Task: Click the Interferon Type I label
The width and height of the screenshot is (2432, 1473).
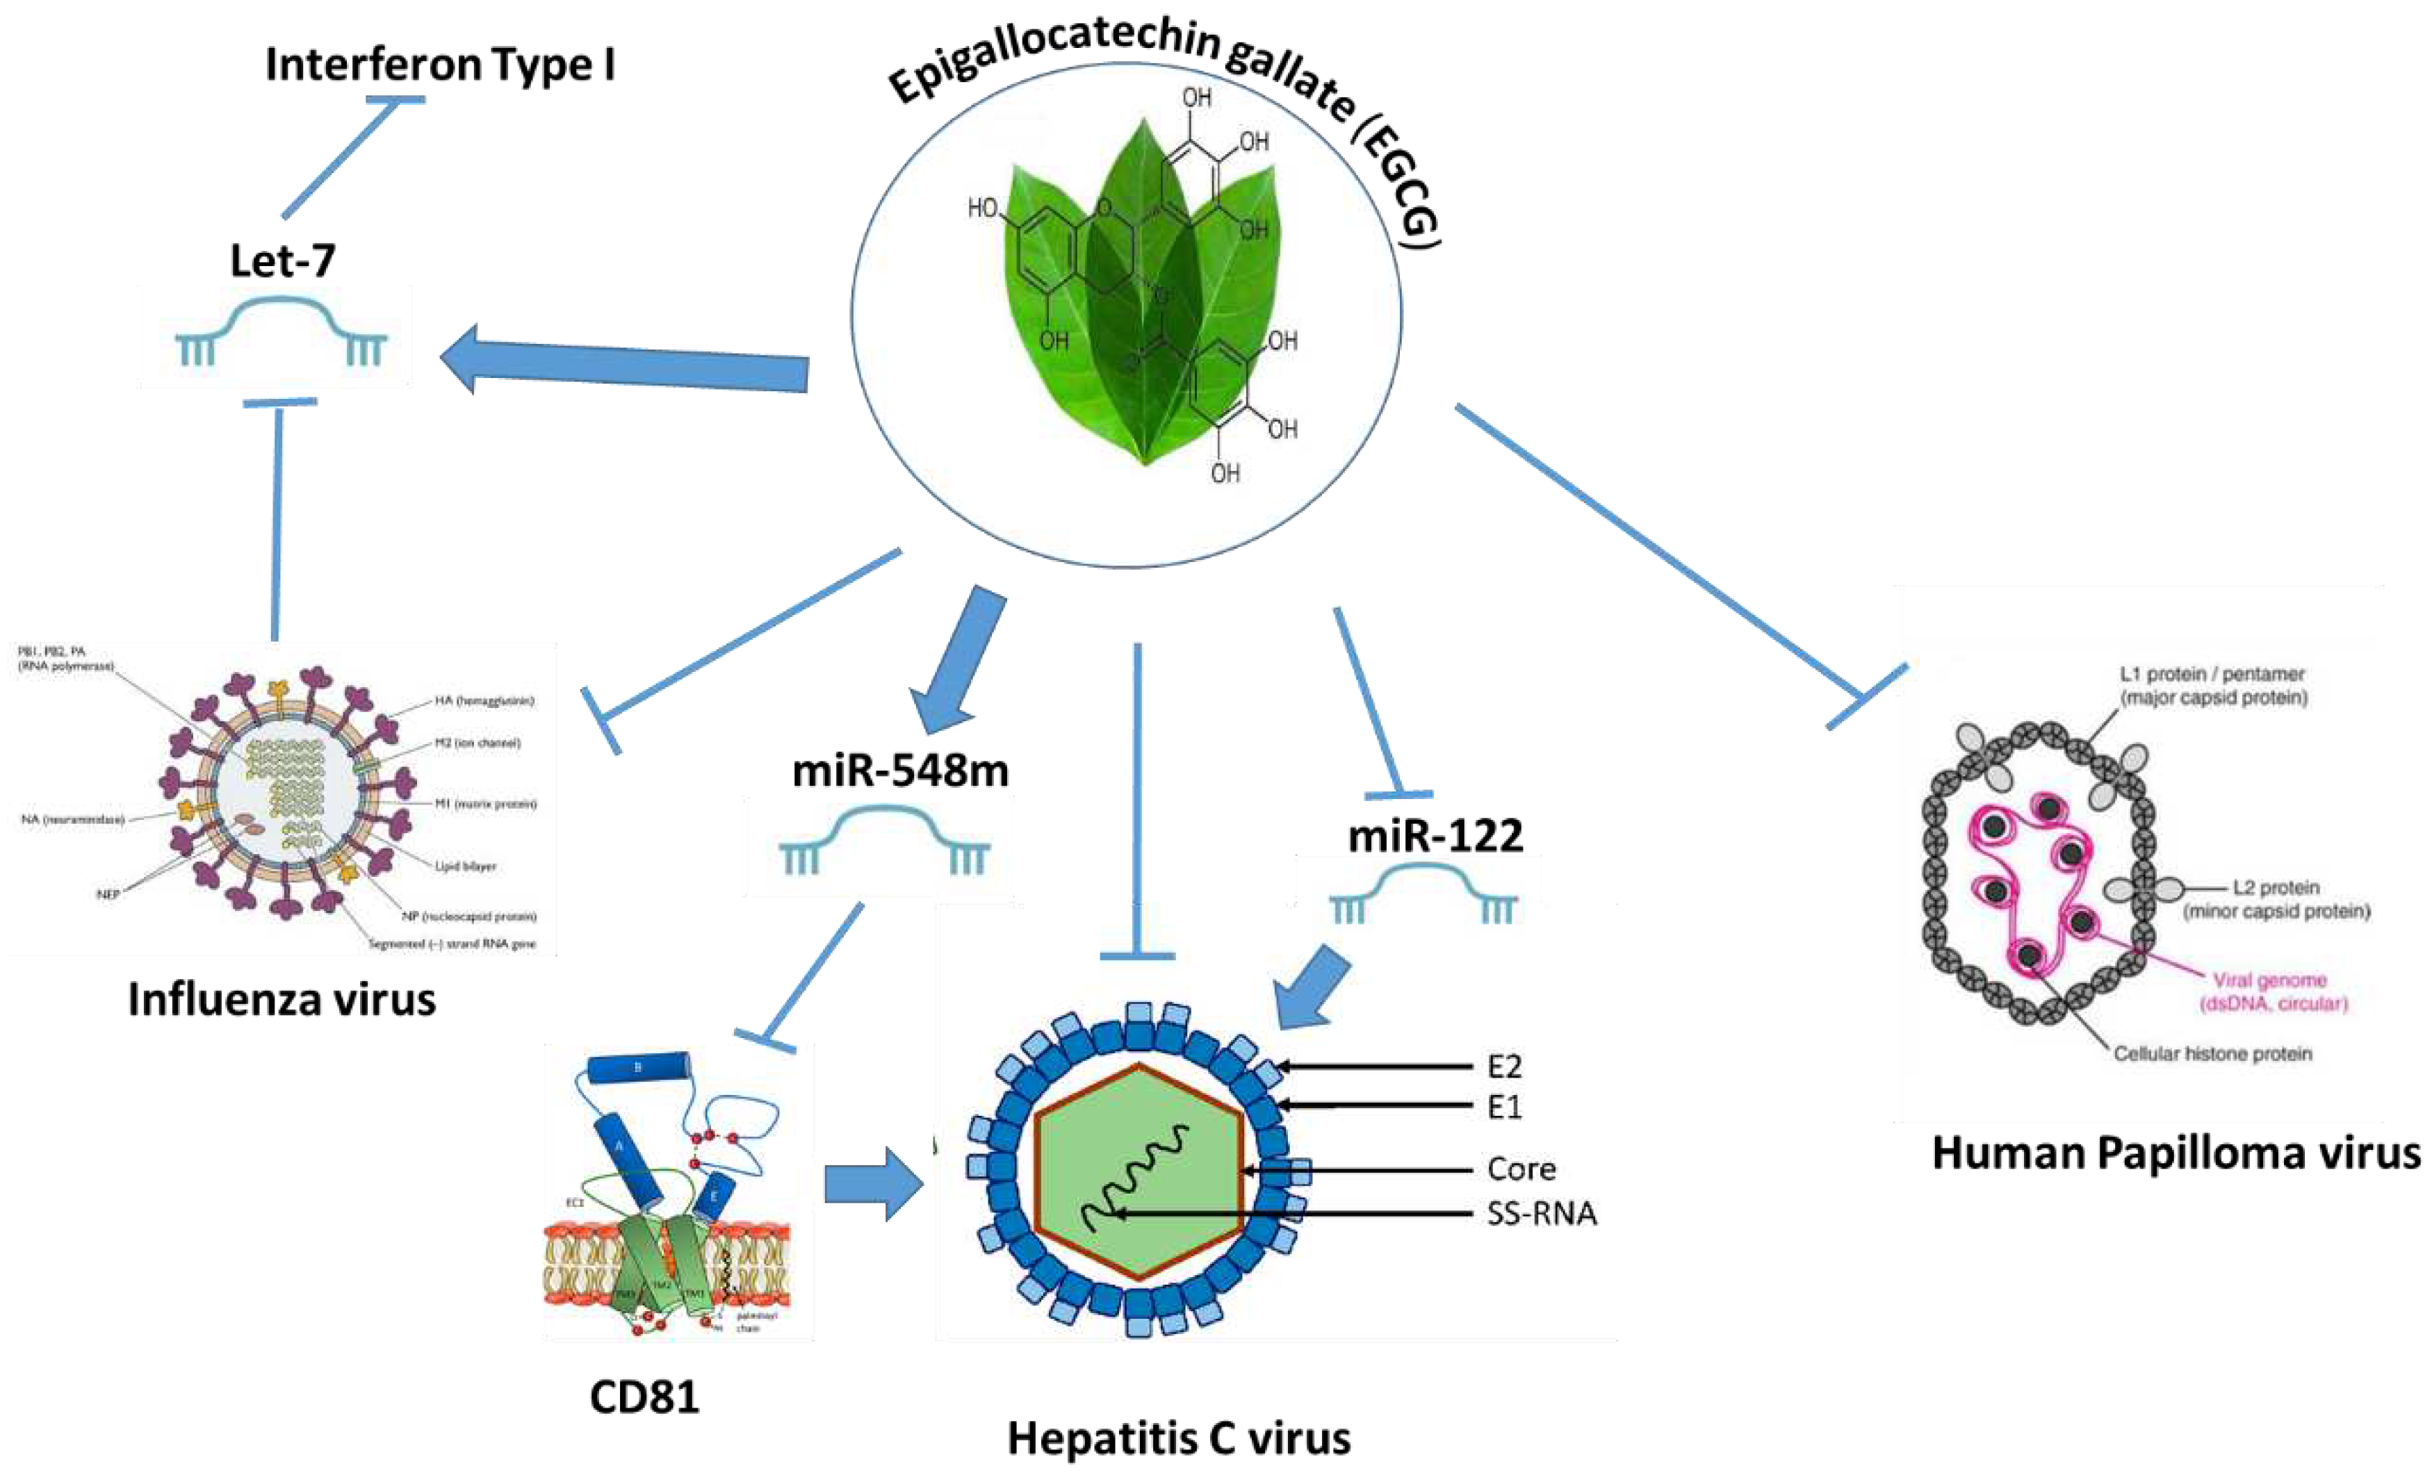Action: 440,65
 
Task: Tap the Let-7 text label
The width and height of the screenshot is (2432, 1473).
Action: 282,261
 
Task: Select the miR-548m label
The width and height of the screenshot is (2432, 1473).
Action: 900,771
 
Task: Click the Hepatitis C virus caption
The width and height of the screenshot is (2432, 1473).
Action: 1179,1438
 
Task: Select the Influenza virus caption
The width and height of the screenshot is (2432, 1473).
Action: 281,999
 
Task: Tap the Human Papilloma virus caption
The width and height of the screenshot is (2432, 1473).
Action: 2176,1153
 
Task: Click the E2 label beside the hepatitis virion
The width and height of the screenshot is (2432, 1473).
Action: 1504,1067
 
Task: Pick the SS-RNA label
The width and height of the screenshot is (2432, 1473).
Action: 1541,1214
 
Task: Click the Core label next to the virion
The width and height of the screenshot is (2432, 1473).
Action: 1521,1169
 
